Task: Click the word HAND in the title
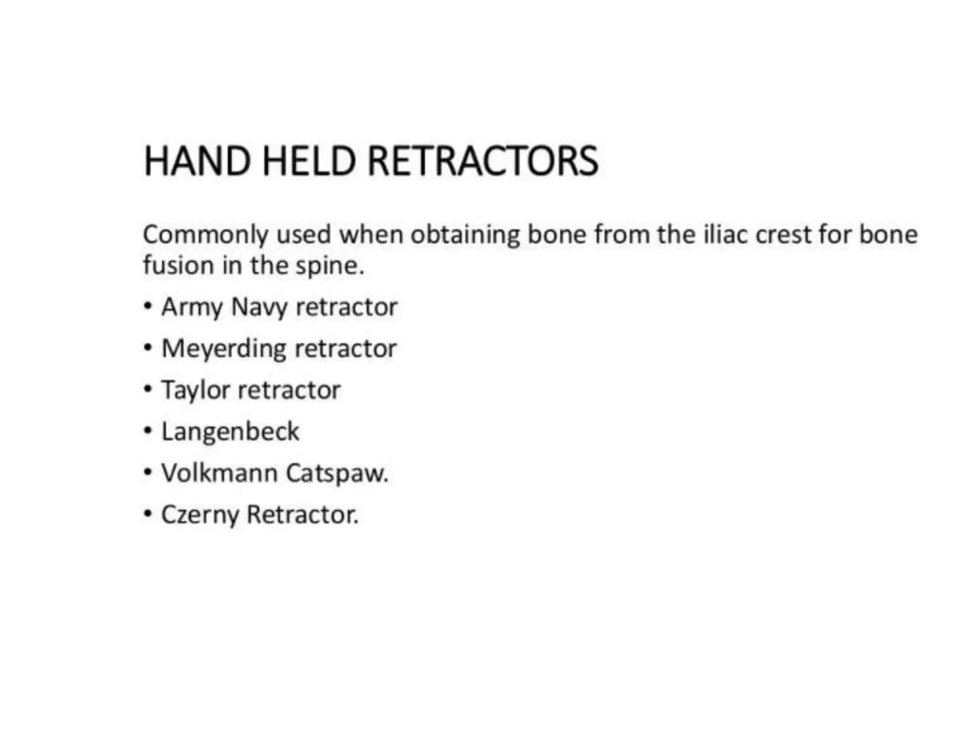[x=197, y=161]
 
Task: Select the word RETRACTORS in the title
[x=483, y=161]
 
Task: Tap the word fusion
[x=178, y=265]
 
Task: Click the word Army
[x=192, y=308]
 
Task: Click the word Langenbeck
[x=230, y=432]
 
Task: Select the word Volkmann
[x=219, y=473]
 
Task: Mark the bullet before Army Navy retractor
[x=149, y=307]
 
